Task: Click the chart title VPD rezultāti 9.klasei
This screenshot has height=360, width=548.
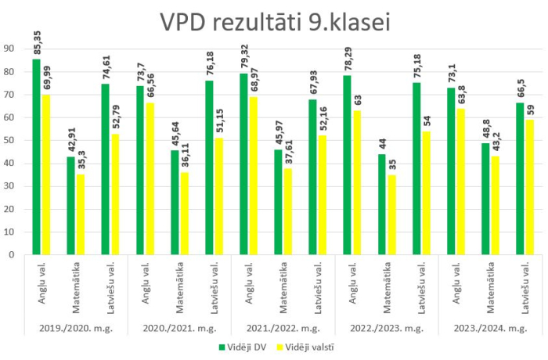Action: coord(275,21)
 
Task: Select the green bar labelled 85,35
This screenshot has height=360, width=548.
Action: coord(37,157)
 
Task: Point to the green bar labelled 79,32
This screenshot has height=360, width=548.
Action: coord(243,164)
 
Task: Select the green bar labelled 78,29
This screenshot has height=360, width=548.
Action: coord(347,164)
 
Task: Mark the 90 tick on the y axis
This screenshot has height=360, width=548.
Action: coord(10,49)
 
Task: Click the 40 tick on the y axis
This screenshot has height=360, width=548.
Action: coord(10,163)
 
